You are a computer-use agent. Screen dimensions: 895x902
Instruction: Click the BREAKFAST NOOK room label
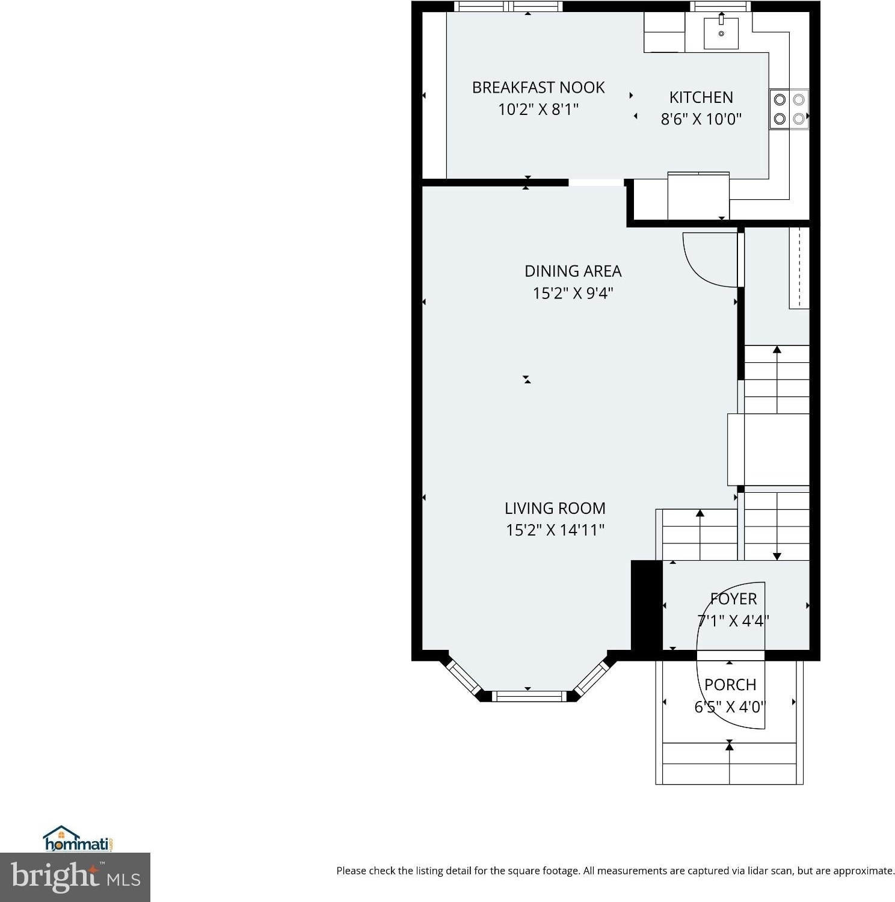click(538, 88)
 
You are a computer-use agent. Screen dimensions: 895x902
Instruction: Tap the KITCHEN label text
click(701, 97)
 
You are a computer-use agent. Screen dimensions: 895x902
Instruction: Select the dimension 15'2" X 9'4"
click(573, 293)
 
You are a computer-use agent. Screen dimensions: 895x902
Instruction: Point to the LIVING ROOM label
click(555, 508)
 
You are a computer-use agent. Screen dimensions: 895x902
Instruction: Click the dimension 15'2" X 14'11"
click(555, 530)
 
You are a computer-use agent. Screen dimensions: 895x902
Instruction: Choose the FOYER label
click(733, 599)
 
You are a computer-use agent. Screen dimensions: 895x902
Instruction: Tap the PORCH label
click(730, 685)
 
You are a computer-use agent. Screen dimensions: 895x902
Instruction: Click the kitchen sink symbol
click(721, 32)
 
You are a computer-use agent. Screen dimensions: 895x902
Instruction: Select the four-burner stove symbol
click(789, 109)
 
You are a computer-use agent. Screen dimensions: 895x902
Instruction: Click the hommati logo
click(78, 839)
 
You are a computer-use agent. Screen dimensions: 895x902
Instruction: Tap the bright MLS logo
click(75, 877)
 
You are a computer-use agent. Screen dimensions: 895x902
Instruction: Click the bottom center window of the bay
click(529, 696)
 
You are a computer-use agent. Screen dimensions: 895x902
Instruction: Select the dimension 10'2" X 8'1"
click(538, 110)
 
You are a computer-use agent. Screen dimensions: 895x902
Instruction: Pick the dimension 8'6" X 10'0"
click(701, 119)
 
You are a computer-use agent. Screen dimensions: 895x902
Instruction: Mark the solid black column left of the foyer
click(647, 605)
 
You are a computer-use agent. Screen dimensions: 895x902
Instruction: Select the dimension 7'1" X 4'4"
click(733, 620)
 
